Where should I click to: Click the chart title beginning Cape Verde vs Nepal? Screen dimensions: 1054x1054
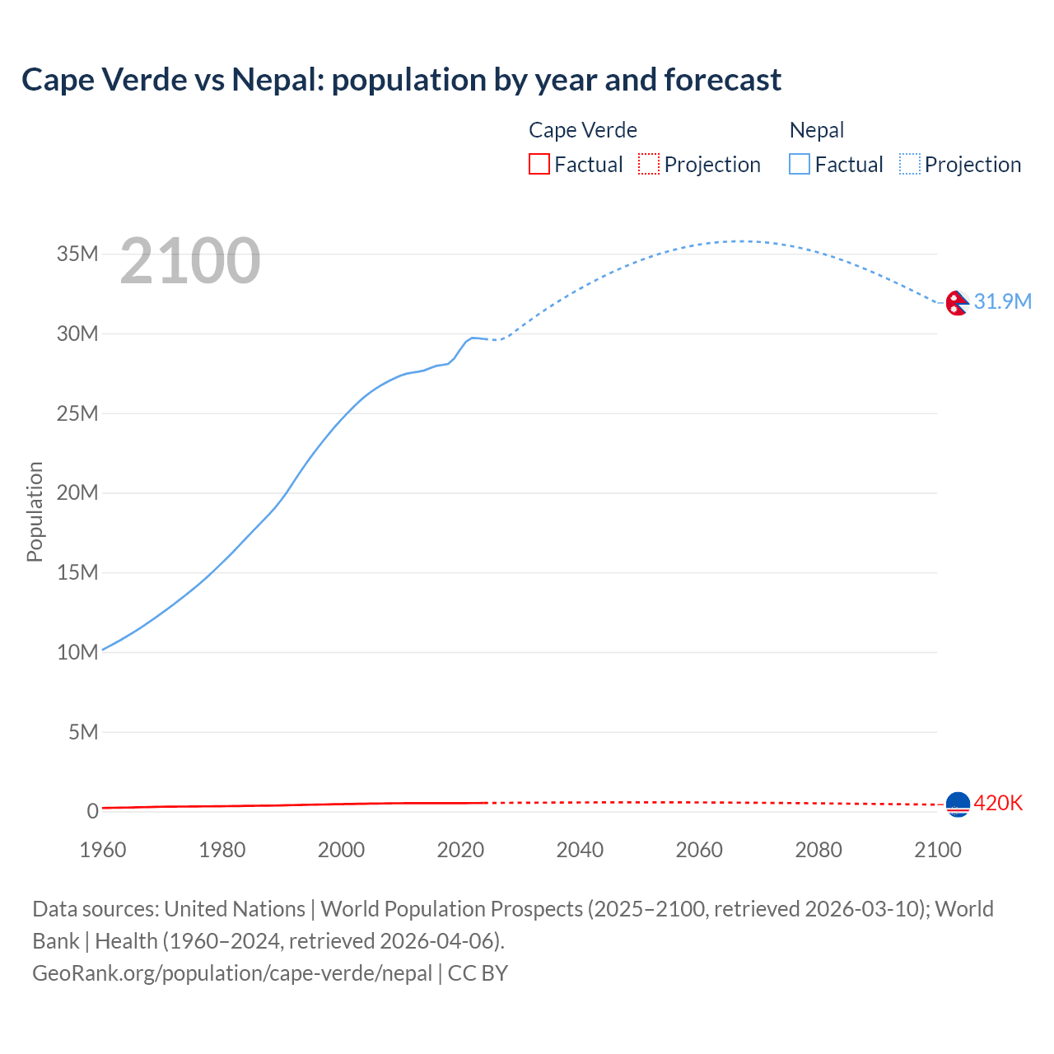point(401,80)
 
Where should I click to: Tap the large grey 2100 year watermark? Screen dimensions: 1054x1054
point(190,261)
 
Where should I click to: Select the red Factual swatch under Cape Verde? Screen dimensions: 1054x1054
point(539,164)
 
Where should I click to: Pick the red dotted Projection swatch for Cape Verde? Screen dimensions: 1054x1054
point(649,164)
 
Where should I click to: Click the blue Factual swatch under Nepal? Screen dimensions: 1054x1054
point(799,164)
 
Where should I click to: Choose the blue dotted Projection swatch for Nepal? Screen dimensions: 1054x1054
point(909,164)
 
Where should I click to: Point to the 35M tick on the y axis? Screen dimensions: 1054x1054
point(77,254)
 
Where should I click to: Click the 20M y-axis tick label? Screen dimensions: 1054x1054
point(77,492)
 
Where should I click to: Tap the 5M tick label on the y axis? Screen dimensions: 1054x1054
point(83,732)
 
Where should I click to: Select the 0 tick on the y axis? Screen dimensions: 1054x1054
point(92,811)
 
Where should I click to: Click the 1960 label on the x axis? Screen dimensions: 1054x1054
point(103,850)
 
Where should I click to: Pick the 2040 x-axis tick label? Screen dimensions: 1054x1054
point(580,850)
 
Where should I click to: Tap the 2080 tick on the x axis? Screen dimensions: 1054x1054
point(818,850)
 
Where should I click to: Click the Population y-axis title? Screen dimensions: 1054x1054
point(35,511)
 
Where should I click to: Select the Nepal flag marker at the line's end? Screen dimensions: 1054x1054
point(957,303)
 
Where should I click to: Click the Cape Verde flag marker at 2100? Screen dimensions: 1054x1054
point(958,804)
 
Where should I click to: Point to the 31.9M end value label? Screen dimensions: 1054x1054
point(1002,301)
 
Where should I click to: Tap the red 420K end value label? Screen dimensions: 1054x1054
point(998,803)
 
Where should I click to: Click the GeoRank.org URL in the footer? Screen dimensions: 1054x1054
point(232,973)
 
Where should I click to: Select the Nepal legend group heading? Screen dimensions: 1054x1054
point(817,130)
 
